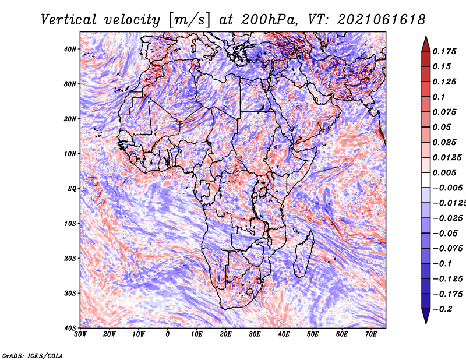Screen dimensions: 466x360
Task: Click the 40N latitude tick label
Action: coord(70,49)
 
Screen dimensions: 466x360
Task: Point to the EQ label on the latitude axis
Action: coord(72,189)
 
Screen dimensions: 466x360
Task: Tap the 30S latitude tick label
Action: coord(70,294)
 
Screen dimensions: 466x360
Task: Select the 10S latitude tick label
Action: coord(70,224)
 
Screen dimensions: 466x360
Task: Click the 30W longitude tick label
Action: coord(80,334)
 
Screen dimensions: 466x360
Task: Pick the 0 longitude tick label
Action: coord(168,334)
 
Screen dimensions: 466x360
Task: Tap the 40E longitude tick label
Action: coord(284,334)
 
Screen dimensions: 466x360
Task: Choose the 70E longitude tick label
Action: coord(371,334)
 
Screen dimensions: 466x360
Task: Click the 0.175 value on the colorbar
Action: coord(444,52)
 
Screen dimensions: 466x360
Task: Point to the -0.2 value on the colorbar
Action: coord(443,309)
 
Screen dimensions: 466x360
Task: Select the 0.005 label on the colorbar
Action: coord(444,172)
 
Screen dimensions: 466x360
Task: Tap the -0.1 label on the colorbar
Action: coord(443,264)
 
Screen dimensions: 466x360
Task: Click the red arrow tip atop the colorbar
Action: coord(426,37)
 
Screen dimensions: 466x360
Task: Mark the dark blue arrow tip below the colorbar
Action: coord(426,323)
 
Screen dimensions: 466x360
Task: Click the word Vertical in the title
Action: coord(69,20)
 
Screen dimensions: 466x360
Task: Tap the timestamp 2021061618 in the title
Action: coord(382,20)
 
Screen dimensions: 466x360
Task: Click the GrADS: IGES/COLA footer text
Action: coord(33,356)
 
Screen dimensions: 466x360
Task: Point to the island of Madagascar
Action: coord(303,255)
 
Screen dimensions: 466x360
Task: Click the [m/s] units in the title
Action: coord(189,20)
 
